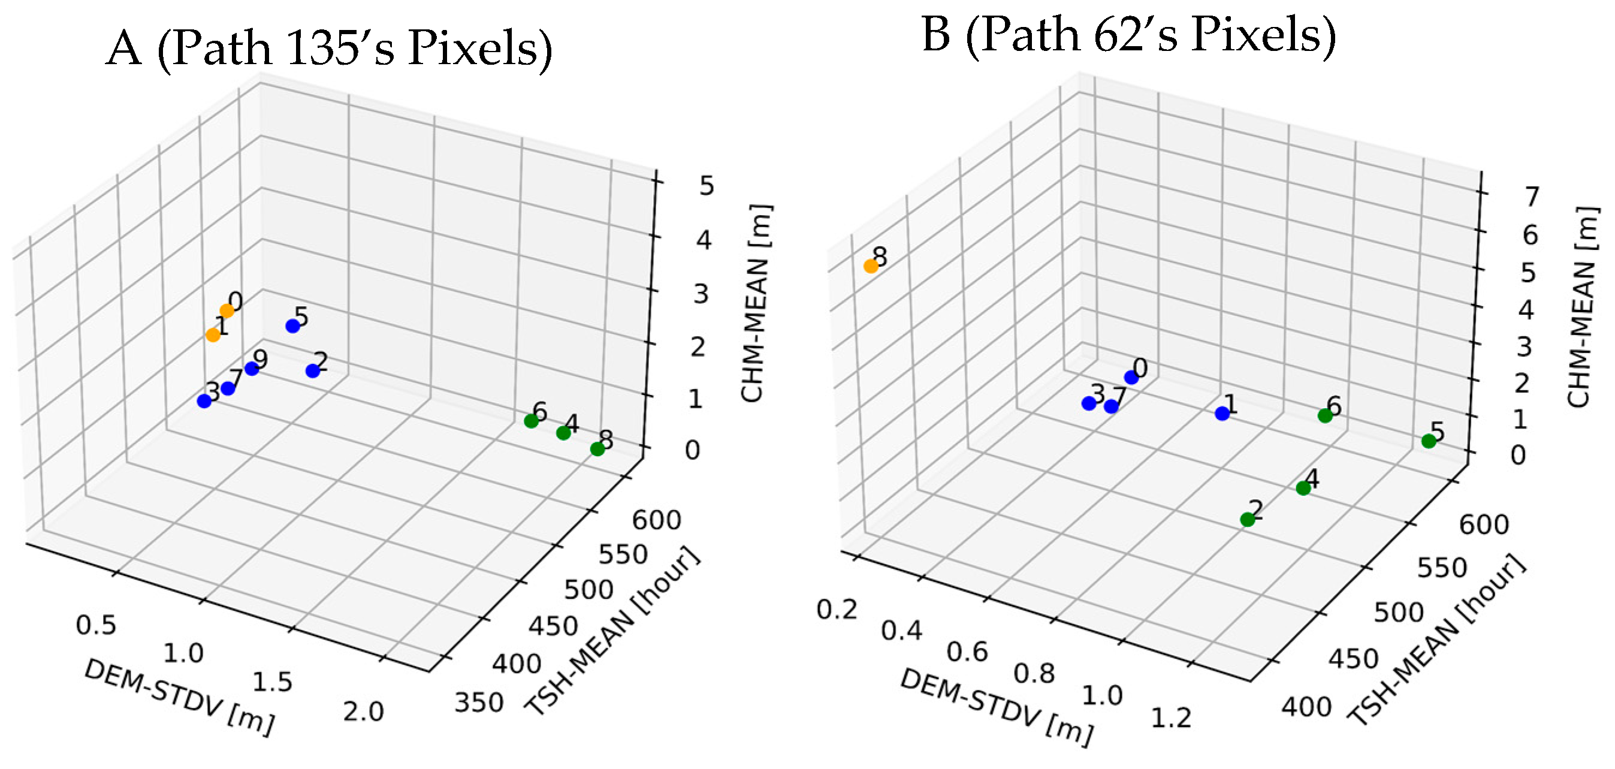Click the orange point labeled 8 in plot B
point(871,266)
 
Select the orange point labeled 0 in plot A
point(227,310)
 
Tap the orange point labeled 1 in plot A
point(213,335)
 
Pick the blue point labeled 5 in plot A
point(293,325)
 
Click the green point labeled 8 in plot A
point(597,448)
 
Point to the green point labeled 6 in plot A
point(531,421)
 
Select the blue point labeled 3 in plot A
point(204,401)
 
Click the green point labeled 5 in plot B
point(1429,441)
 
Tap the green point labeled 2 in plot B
point(1248,519)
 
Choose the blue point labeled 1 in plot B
point(1222,414)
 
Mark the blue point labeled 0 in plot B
point(1131,377)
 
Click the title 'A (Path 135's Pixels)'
point(329,49)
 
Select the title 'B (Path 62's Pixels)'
point(1128,35)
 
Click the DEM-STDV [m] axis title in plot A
point(179,697)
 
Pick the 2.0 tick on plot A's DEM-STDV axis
point(363,712)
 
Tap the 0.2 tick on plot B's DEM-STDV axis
point(837,609)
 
